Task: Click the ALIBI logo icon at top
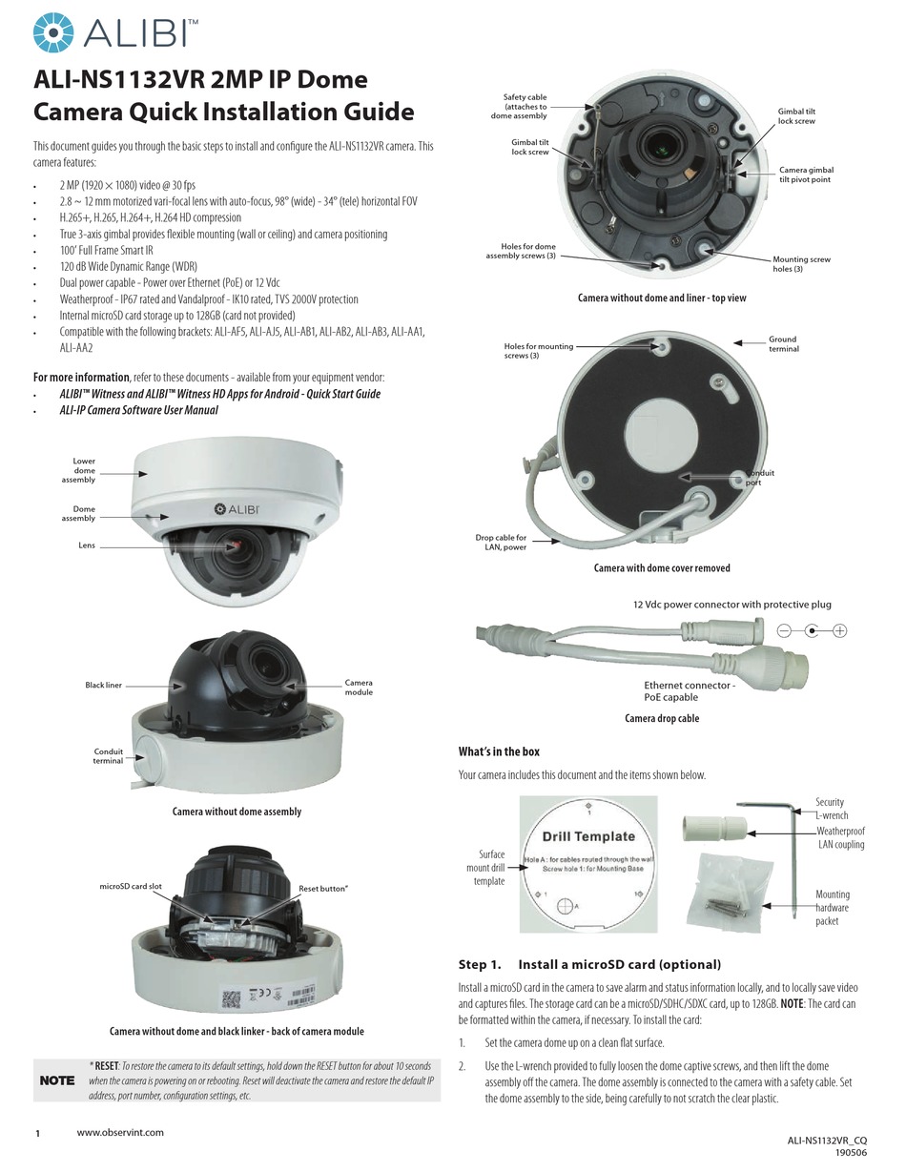(52, 32)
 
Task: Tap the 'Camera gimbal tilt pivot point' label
(807, 175)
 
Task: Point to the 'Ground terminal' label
(783, 344)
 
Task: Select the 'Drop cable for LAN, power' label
(501, 543)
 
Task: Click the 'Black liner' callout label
(103, 686)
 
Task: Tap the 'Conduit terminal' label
(108, 756)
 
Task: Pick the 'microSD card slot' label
(131, 887)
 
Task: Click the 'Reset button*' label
(323, 889)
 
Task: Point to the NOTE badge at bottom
(56, 1080)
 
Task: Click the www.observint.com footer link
(120, 1133)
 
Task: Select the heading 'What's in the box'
(499, 751)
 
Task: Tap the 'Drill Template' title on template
(588, 836)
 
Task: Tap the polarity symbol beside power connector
(812, 630)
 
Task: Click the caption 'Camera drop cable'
(662, 718)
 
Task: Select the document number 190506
(851, 1152)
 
